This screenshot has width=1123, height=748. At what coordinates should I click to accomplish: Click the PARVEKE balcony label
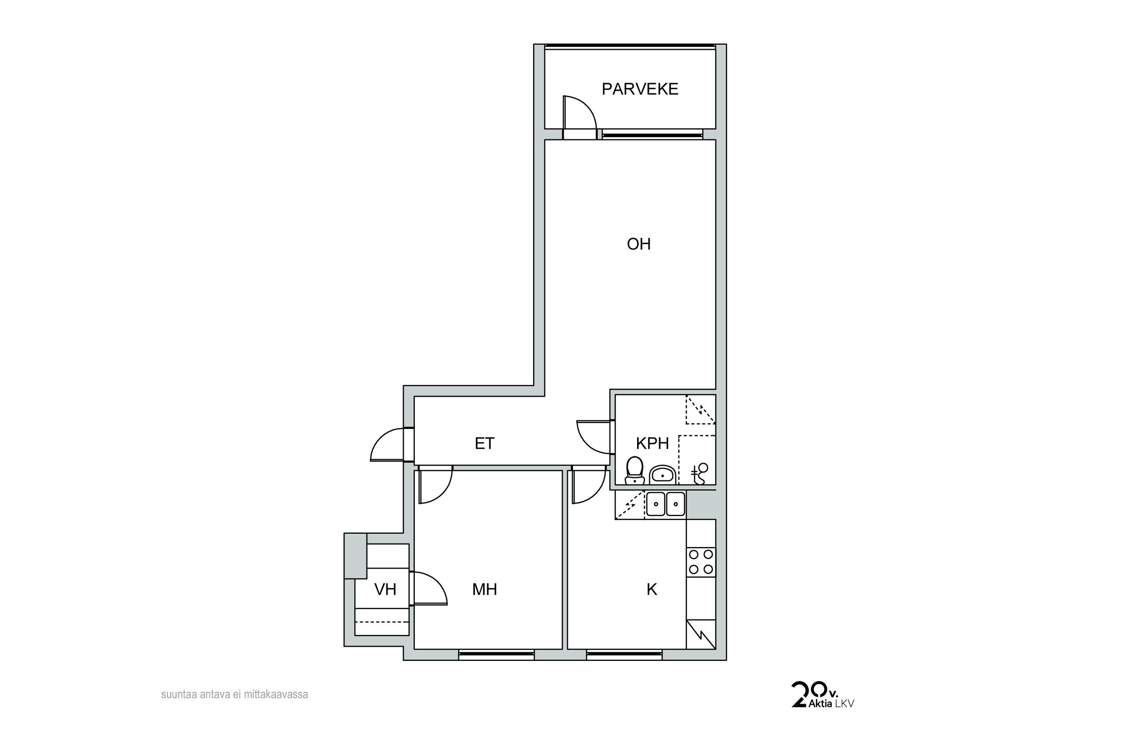pyautogui.click(x=640, y=89)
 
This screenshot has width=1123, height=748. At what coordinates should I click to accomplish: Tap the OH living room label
pyautogui.click(x=639, y=244)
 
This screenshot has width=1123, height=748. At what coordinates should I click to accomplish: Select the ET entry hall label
pyautogui.click(x=485, y=444)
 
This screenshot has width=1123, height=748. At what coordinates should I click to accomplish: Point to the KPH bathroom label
pyautogui.click(x=652, y=444)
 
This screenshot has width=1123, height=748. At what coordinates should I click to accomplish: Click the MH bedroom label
pyautogui.click(x=485, y=590)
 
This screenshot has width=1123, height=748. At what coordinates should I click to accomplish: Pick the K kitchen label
pyautogui.click(x=652, y=590)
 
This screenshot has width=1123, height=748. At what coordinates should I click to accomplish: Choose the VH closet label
pyautogui.click(x=385, y=590)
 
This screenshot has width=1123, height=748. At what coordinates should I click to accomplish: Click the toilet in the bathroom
pyautogui.click(x=634, y=470)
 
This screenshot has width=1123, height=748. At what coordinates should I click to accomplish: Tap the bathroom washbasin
pyautogui.click(x=662, y=475)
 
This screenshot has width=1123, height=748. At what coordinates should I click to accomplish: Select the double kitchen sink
pyautogui.click(x=666, y=504)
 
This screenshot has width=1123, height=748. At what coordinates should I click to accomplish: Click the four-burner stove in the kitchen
pyautogui.click(x=701, y=562)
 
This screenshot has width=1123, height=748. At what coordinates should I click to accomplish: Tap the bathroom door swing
pyautogui.click(x=594, y=437)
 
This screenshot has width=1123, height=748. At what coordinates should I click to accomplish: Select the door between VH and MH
pyautogui.click(x=430, y=589)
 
